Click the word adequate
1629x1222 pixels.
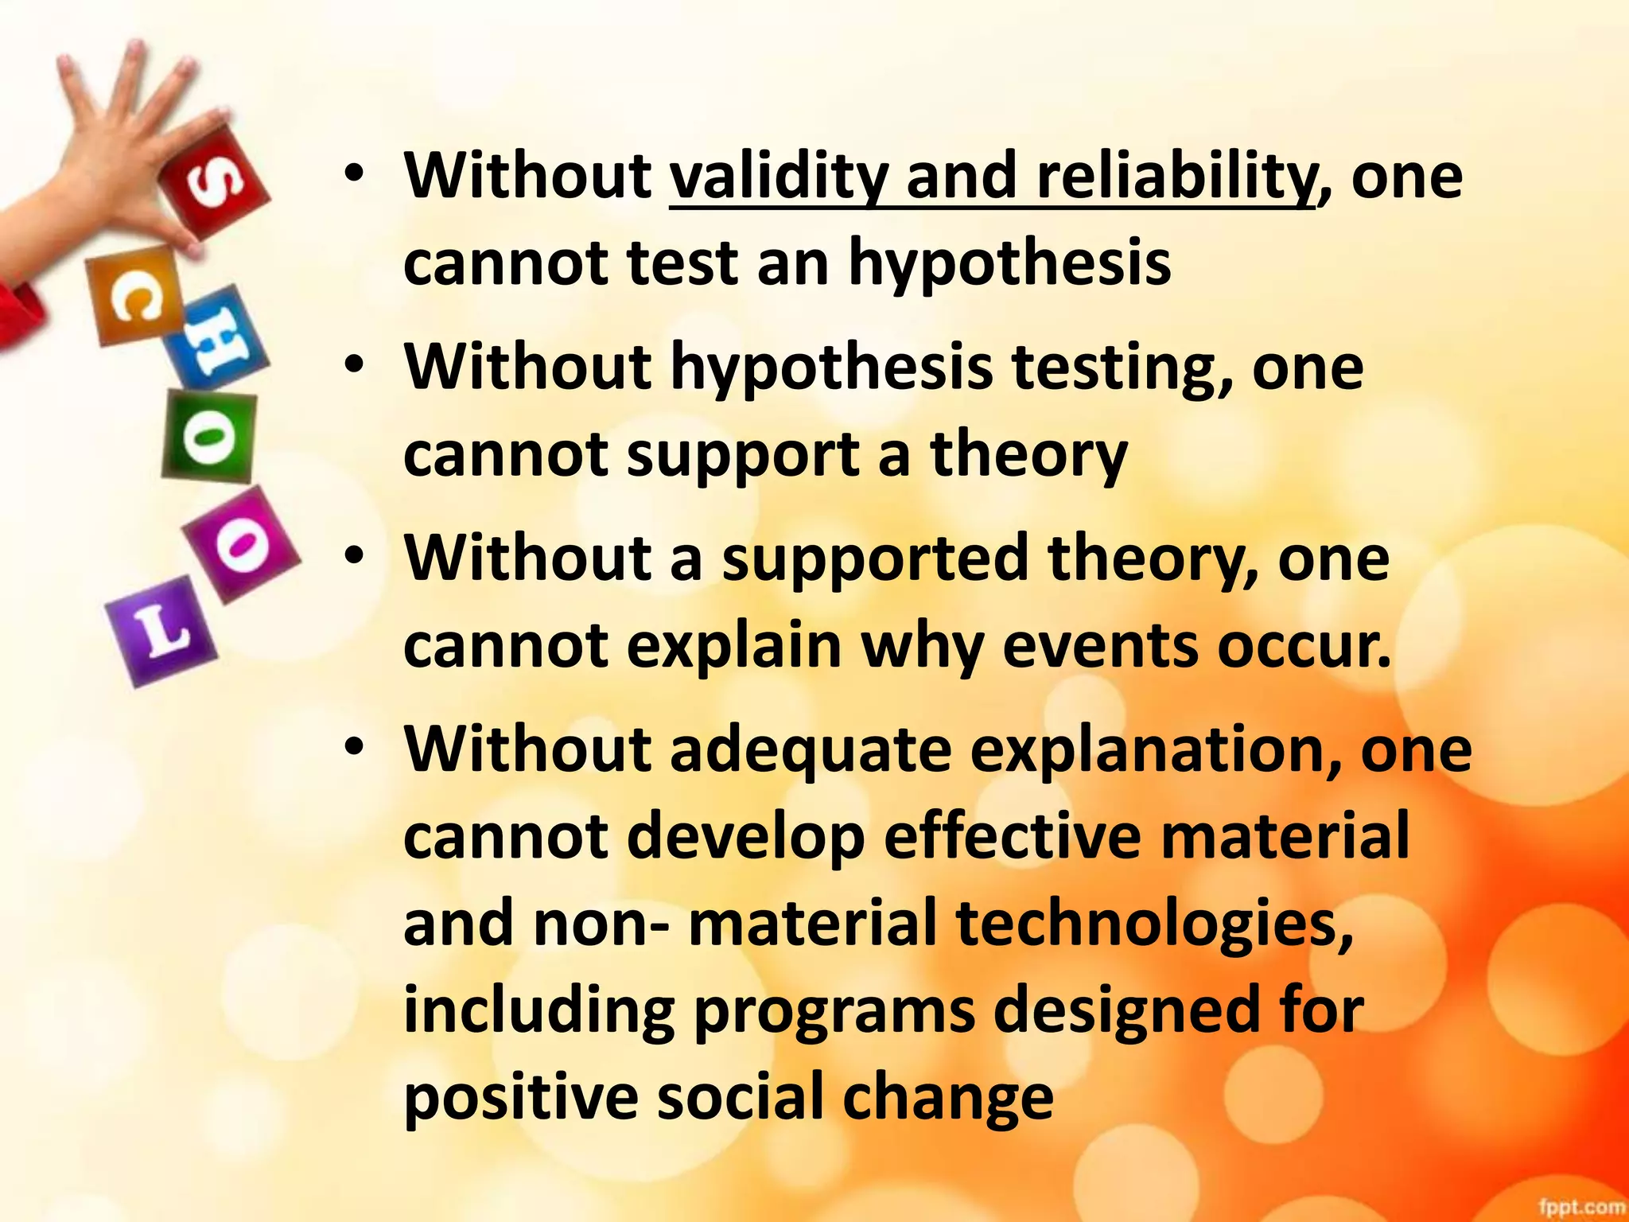[x=811, y=750]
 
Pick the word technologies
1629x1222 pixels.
[x=1154, y=924]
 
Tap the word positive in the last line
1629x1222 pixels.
[x=521, y=1097]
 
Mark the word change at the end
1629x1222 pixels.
[x=947, y=1097]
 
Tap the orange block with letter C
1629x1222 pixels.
[x=133, y=296]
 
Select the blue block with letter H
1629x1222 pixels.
[x=212, y=344]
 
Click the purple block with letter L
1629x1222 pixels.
[x=161, y=631]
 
